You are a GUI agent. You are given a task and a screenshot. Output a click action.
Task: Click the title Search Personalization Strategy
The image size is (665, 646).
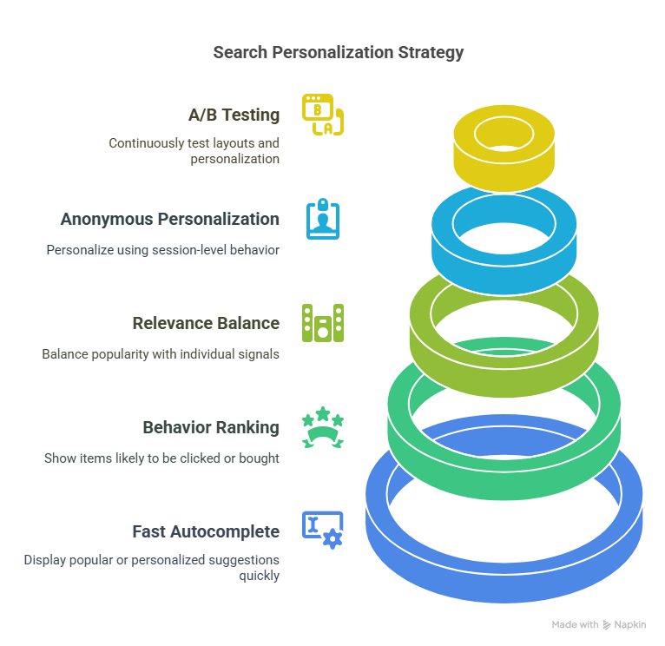339,53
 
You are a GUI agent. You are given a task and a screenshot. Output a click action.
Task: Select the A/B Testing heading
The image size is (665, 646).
234,115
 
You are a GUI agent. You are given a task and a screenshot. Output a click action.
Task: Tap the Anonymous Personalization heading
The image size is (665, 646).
169,219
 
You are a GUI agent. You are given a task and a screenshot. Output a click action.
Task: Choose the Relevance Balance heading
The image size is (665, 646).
206,323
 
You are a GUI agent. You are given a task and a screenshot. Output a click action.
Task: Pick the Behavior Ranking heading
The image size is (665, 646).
211,427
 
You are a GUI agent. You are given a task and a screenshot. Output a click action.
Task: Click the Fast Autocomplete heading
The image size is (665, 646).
206,531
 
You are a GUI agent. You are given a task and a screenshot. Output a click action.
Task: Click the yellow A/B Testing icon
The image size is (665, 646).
322,115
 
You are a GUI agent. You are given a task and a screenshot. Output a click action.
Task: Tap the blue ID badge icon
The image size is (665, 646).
323,219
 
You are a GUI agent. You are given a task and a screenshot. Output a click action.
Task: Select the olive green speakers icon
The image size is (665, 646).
322,323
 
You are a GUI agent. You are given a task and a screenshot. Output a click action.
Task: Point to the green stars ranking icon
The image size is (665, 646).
322,427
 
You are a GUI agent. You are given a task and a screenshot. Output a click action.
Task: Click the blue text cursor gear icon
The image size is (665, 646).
322,530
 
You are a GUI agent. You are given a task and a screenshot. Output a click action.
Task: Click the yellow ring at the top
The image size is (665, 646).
504,165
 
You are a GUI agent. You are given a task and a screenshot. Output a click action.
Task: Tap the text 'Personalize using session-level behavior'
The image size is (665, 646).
162,250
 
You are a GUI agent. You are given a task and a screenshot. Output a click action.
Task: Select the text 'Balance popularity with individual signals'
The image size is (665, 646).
161,354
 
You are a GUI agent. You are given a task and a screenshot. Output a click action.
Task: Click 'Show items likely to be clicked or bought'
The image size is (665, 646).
161,458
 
